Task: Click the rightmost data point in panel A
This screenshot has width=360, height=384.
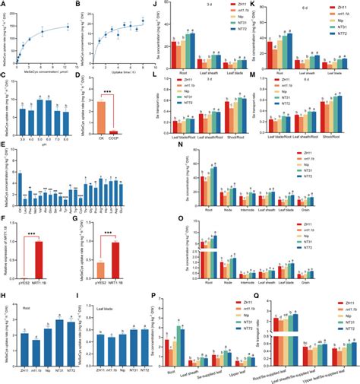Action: (66, 27)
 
